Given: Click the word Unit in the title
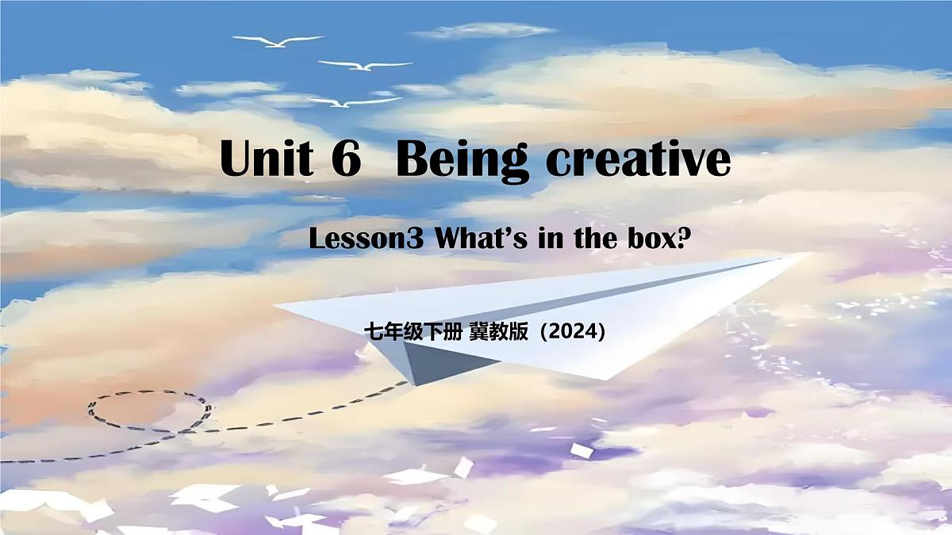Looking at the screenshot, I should (266, 160).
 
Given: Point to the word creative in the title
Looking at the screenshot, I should (638, 161).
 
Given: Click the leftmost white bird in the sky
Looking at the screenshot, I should (278, 40).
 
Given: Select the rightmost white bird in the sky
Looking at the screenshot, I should (365, 65).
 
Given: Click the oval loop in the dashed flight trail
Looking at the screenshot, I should (149, 411).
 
